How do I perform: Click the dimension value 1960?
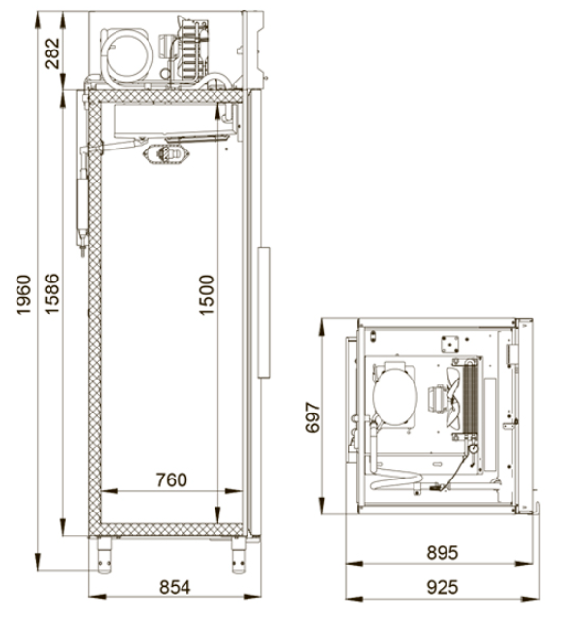23,294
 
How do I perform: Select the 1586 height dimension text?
52,293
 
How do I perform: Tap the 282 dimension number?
52,53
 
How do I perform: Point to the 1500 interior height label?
207,295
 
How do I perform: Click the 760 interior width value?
172,479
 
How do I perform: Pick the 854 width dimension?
175,587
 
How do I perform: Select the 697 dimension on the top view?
313,417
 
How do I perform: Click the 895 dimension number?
442,553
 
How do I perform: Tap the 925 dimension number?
442,588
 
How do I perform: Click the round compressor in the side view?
127,56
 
